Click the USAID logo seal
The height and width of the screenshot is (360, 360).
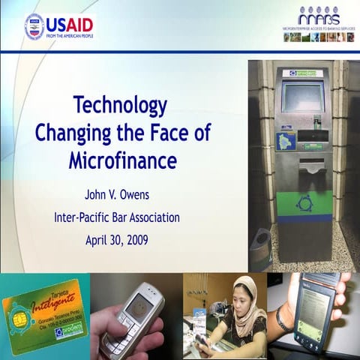click(x=34, y=26)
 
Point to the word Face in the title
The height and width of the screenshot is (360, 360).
click(x=161, y=132)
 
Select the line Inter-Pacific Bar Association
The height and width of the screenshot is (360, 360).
click(x=117, y=218)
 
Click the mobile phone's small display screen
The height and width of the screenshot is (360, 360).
click(x=139, y=304)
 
